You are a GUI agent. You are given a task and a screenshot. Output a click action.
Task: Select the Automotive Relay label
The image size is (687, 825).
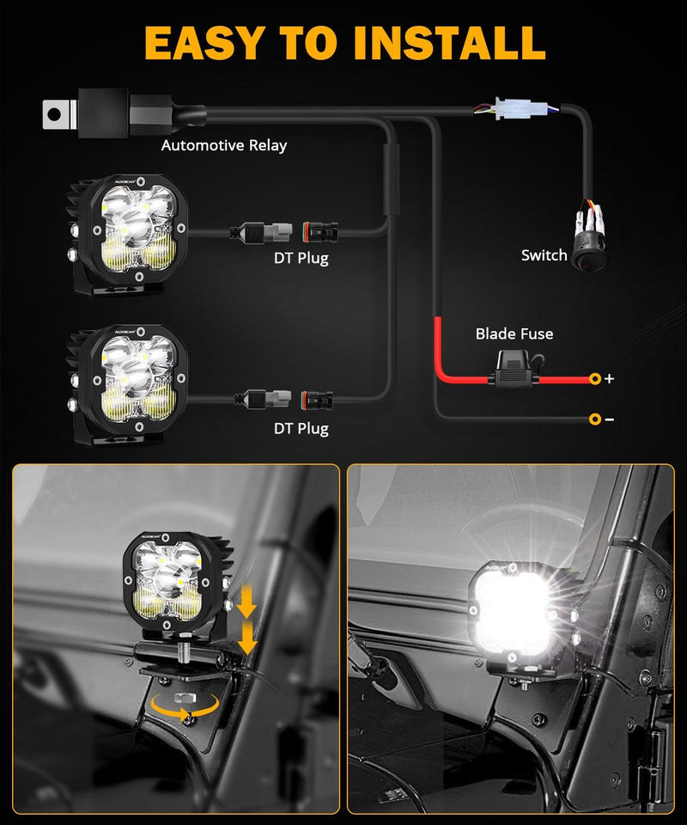point(223,145)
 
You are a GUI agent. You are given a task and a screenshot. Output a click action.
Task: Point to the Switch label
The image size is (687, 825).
point(544,255)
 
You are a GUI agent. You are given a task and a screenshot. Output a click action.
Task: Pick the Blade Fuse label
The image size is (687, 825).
point(514,333)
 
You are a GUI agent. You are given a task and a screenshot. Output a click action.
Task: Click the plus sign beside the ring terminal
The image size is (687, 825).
point(609,378)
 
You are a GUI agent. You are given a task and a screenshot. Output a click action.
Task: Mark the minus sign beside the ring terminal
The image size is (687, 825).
point(609,419)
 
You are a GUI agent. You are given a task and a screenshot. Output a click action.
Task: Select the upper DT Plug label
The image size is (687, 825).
point(301,257)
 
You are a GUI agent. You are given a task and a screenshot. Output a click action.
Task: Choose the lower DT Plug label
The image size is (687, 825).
point(301,427)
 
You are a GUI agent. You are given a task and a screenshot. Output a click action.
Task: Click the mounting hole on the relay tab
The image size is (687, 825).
point(55,112)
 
